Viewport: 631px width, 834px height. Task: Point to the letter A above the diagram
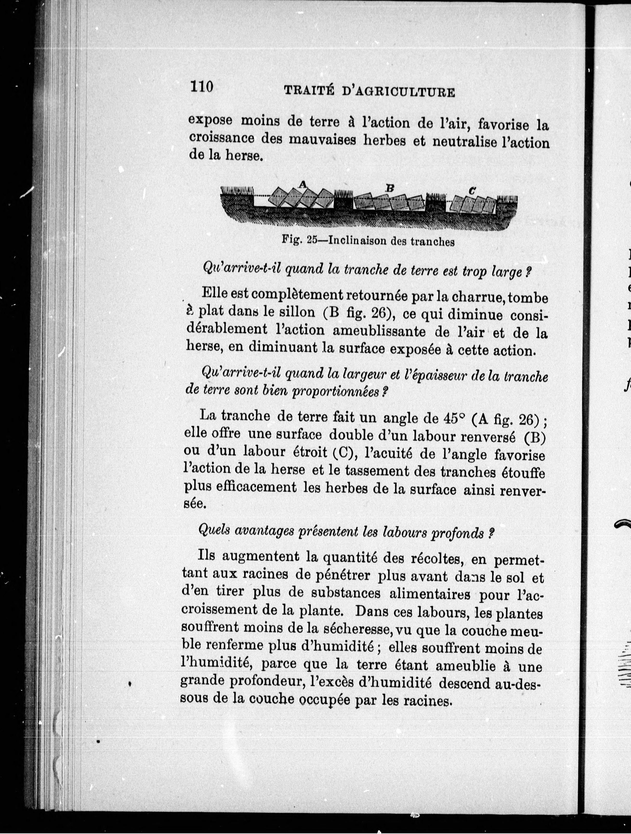tap(302, 184)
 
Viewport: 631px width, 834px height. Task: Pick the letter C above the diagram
tap(471, 191)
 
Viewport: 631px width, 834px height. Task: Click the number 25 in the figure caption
tap(312, 240)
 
